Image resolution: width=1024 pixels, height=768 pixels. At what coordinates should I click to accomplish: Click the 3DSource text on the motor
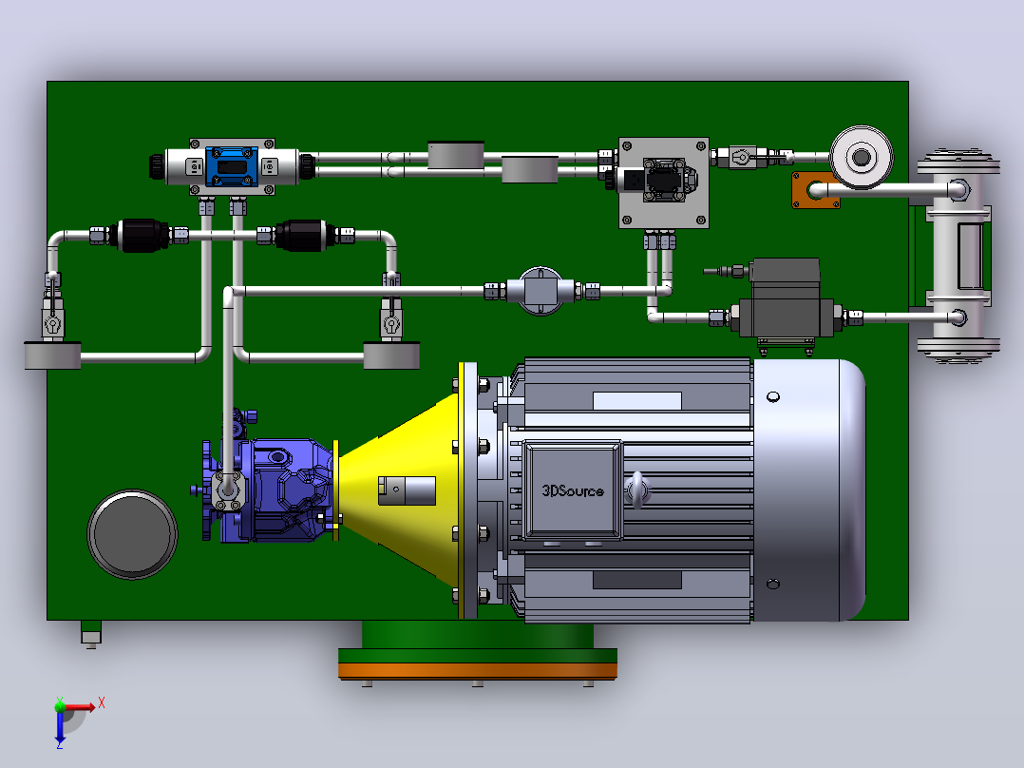573,490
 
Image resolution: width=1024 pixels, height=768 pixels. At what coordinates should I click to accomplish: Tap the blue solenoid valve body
232,166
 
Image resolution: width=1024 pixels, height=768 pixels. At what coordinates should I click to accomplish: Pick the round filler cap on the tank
133,534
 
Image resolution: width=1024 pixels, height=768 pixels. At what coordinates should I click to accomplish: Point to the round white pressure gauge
862,157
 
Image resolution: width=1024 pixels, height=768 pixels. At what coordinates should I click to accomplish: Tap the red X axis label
102,703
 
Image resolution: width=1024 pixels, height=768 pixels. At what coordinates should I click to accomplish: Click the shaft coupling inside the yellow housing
407,490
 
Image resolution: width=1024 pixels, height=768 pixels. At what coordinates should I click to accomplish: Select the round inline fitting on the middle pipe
540,291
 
